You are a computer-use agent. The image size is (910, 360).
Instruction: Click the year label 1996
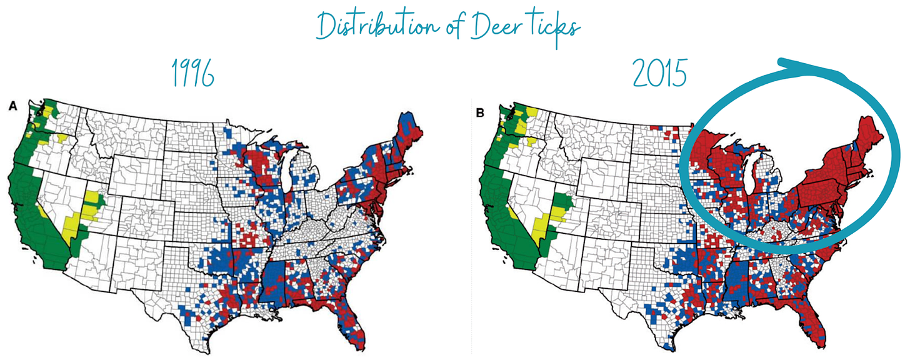point(192,75)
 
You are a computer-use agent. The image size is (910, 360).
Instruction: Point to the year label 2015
point(659,75)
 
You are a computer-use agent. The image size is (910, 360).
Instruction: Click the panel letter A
point(12,107)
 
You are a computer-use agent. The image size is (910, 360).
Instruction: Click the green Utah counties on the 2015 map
point(562,204)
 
